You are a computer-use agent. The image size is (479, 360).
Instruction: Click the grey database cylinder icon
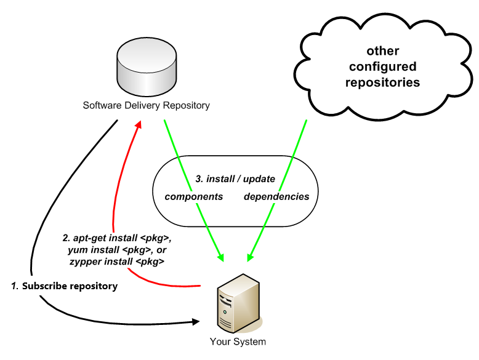click(146, 65)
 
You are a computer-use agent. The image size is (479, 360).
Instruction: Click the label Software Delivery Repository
click(146, 105)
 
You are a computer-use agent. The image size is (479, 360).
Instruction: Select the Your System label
click(238, 342)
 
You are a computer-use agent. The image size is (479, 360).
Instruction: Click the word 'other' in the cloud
click(382, 50)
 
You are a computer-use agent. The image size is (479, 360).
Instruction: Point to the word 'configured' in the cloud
click(382, 66)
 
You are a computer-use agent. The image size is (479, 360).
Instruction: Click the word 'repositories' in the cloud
click(382, 82)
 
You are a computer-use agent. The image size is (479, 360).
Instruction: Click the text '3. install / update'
click(235, 179)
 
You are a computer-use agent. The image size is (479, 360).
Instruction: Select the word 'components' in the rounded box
click(194, 197)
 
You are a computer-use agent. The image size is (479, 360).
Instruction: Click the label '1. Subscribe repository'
click(64, 286)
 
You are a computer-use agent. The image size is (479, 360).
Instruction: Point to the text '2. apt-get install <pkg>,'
click(117, 238)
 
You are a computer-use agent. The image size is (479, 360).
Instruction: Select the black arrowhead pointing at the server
click(196, 321)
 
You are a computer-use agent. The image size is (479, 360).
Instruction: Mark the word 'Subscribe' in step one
click(44, 286)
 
